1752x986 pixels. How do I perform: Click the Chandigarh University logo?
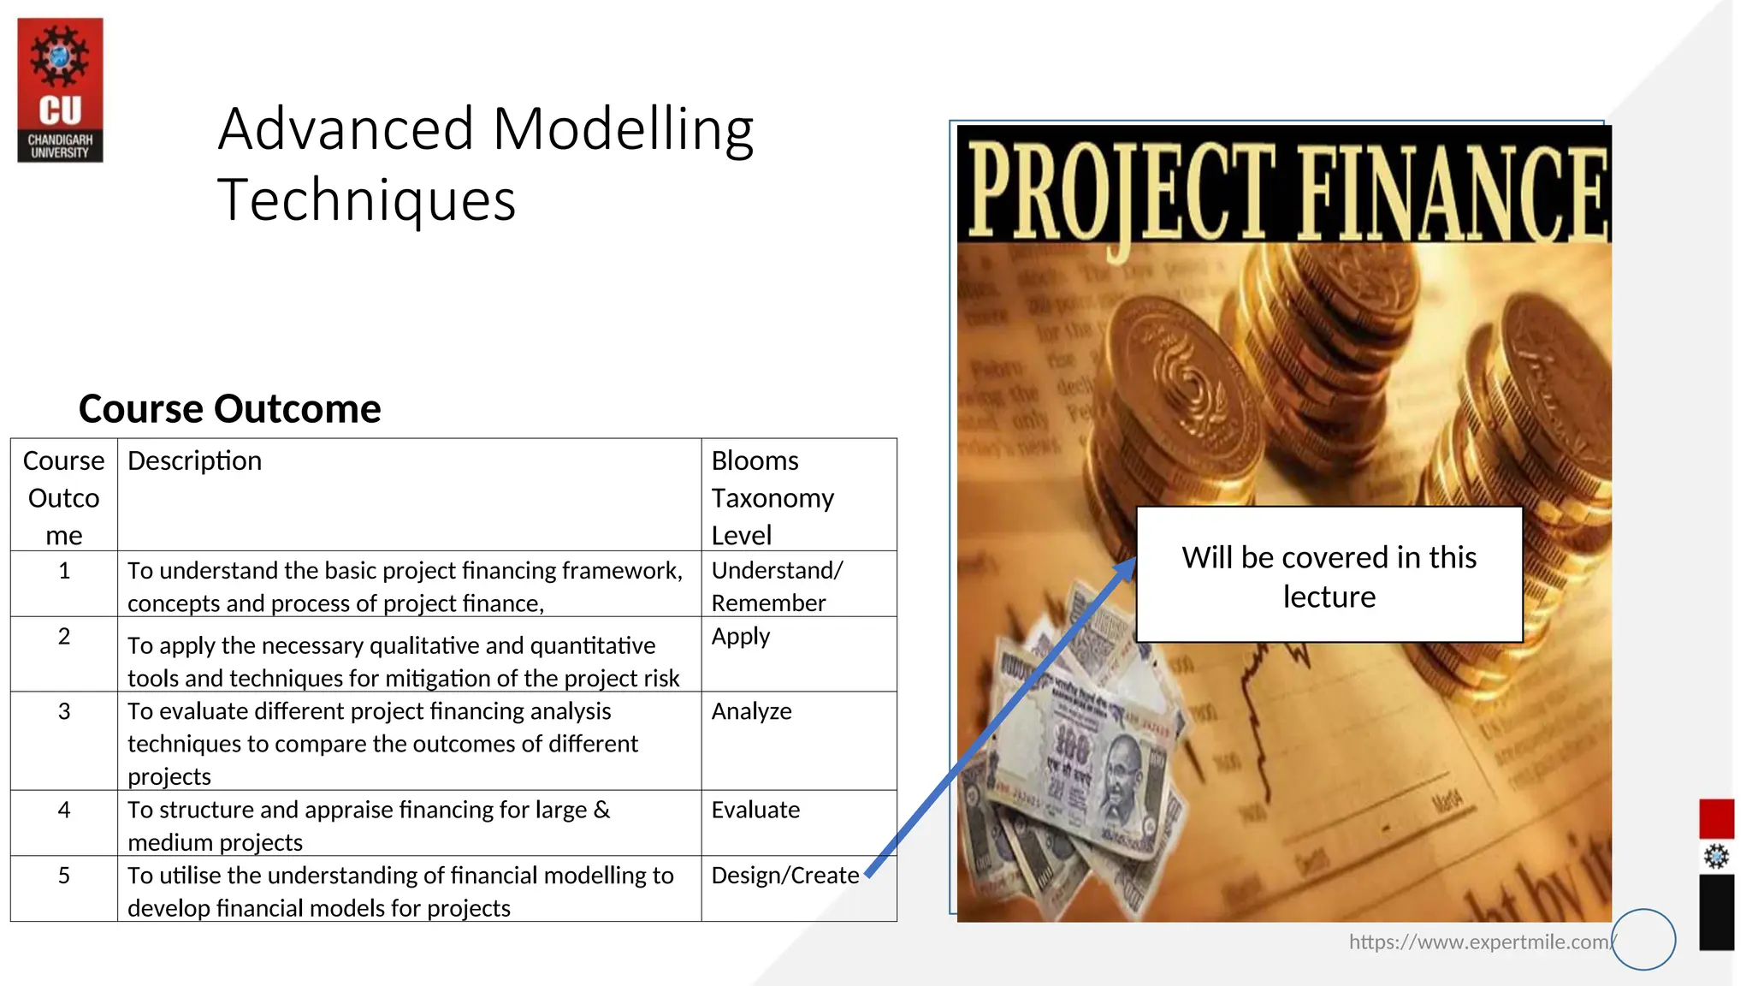coord(60,90)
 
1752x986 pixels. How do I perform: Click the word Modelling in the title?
coord(623,130)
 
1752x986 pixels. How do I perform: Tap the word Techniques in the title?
coord(366,200)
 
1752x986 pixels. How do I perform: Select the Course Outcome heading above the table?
coord(229,409)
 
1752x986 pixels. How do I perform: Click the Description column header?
coord(194,461)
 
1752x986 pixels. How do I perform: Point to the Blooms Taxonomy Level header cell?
coord(772,497)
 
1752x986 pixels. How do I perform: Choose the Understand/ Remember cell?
coord(776,586)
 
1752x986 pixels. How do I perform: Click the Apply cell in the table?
coord(741,638)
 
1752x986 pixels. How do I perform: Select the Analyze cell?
coord(751,712)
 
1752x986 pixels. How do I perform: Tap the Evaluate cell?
coord(755,811)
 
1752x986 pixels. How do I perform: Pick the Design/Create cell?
coord(784,876)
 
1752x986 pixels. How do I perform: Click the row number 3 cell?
coord(64,712)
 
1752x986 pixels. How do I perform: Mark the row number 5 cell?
coord(64,876)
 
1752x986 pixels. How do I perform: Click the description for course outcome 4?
coord(368,825)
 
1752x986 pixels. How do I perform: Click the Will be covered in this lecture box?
coord(1329,575)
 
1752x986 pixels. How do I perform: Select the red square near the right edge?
coord(1716,819)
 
